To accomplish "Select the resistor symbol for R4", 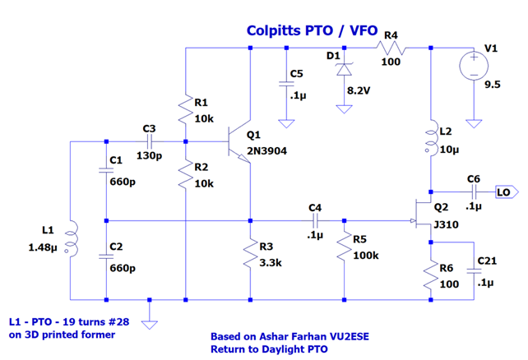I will (390, 48).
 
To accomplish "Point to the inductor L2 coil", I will (430, 141).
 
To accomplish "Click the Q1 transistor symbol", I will (240, 142).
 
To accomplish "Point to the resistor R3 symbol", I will (249, 256).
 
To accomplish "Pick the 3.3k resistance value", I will (271, 264).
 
